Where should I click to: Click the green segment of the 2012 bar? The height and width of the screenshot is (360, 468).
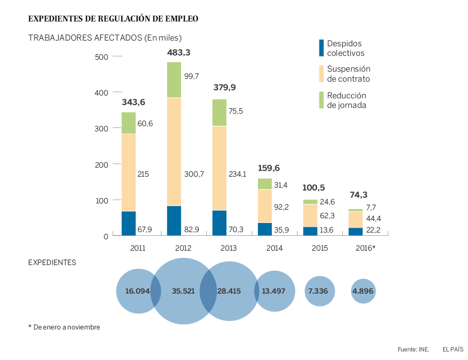click(174, 80)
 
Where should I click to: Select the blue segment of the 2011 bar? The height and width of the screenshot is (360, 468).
click(128, 223)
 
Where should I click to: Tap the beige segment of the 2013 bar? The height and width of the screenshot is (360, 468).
click(219, 168)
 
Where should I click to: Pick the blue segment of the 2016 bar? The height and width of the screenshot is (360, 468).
click(355, 232)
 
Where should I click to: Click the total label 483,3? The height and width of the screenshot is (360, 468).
click(179, 53)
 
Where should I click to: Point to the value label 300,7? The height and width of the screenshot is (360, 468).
click(194, 174)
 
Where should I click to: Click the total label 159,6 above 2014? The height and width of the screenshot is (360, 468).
click(269, 168)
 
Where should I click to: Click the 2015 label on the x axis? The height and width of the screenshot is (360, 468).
click(319, 248)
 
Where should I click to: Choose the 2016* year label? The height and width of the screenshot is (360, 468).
click(366, 248)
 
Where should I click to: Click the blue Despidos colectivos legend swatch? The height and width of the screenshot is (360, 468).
click(321, 48)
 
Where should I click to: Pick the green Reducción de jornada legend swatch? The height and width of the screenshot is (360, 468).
click(321, 100)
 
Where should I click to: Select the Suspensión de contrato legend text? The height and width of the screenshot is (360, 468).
click(348, 74)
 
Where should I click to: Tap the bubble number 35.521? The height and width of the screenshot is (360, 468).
click(183, 291)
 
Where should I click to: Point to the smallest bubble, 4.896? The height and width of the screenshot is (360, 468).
click(363, 291)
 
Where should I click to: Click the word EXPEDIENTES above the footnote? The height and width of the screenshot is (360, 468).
click(52, 262)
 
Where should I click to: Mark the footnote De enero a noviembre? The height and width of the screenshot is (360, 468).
click(66, 327)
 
